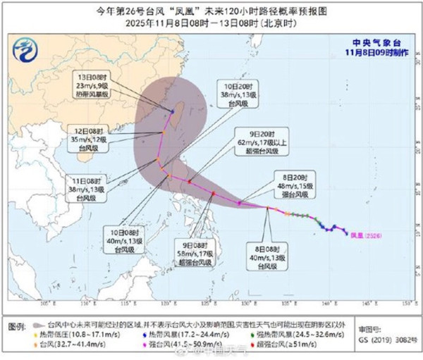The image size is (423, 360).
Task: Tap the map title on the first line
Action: pos(211,10)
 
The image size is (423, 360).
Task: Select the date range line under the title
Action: pos(211,21)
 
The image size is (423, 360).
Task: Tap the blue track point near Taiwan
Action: pos(173,111)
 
